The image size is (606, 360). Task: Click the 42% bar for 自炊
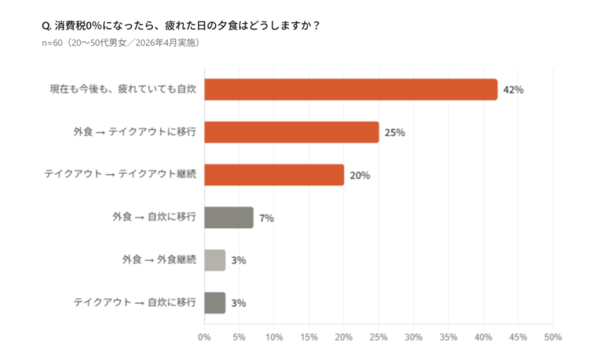[350, 89]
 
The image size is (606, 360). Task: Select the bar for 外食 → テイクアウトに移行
[291, 132]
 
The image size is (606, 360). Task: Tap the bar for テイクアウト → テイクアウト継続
[273, 175]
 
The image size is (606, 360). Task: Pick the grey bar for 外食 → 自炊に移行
[228, 218]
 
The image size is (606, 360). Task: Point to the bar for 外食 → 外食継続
[214, 260]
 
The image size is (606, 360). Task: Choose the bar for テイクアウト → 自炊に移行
[214, 302]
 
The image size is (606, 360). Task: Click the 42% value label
[513, 90]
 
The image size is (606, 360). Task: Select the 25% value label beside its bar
[395, 132]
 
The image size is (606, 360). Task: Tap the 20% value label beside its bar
[360, 175]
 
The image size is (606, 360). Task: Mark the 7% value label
[266, 218]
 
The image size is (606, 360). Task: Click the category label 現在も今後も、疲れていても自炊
[122, 89]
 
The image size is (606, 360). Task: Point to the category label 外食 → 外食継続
[158, 260]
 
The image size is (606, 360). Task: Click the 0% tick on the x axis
[204, 337]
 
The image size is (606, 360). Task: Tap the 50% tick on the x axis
[552, 337]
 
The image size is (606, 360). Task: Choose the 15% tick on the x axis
[308, 337]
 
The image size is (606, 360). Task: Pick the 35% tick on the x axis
[448, 337]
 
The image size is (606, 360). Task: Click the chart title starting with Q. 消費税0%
[180, 25]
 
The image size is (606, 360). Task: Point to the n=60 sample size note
[121, 42]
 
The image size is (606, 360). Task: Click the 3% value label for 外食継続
[239, 260]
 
